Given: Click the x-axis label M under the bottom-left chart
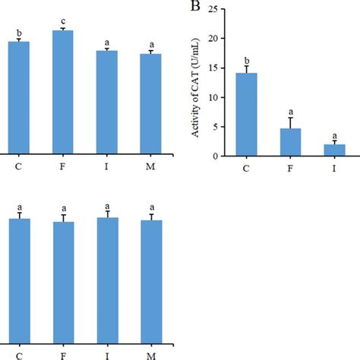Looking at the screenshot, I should pyautogui.click(x=151, y=353).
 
